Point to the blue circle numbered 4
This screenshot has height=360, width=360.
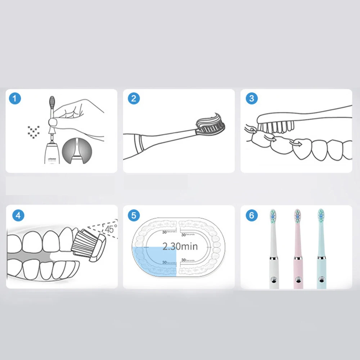18,216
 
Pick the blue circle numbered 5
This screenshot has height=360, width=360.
134,216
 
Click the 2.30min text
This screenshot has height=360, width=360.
180,247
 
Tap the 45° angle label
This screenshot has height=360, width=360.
109,228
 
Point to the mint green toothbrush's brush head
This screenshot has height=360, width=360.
320,215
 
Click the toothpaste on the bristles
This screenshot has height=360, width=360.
211,119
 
